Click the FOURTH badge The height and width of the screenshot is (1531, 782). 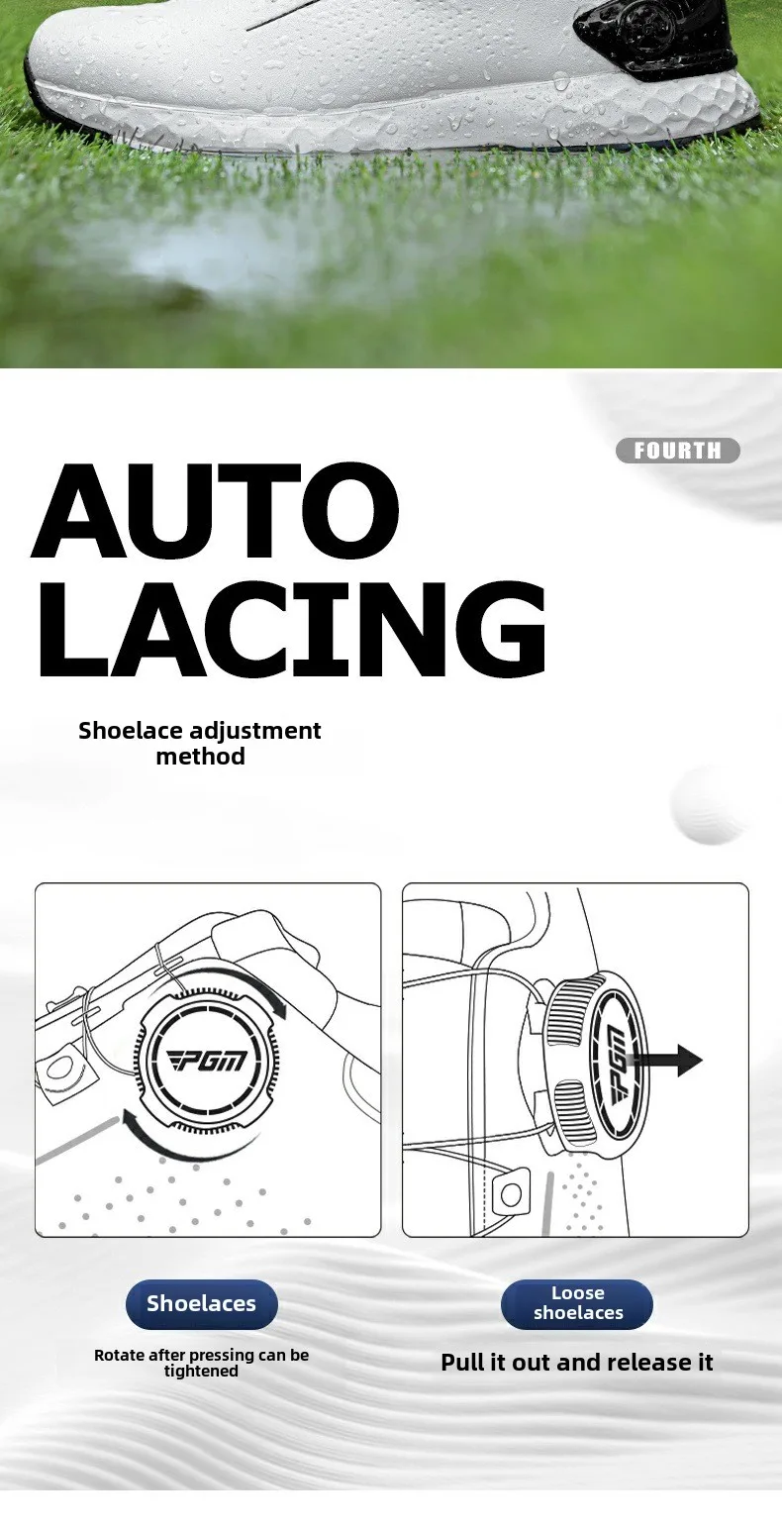tap(677, 451)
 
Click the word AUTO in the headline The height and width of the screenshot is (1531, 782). tap(216, 510)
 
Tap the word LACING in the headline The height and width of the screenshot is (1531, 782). tap(292, 629)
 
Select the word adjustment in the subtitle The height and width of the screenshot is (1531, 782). tap(254, 731)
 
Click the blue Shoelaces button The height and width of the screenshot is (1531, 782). tap(202, 1303)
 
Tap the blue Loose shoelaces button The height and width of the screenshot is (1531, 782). tap(577, 1303)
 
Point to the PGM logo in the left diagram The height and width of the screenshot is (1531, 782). tap(207, 1061)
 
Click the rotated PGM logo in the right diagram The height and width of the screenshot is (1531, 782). tap(616, 1064)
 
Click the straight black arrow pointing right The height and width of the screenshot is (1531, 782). tap(665, 1060)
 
